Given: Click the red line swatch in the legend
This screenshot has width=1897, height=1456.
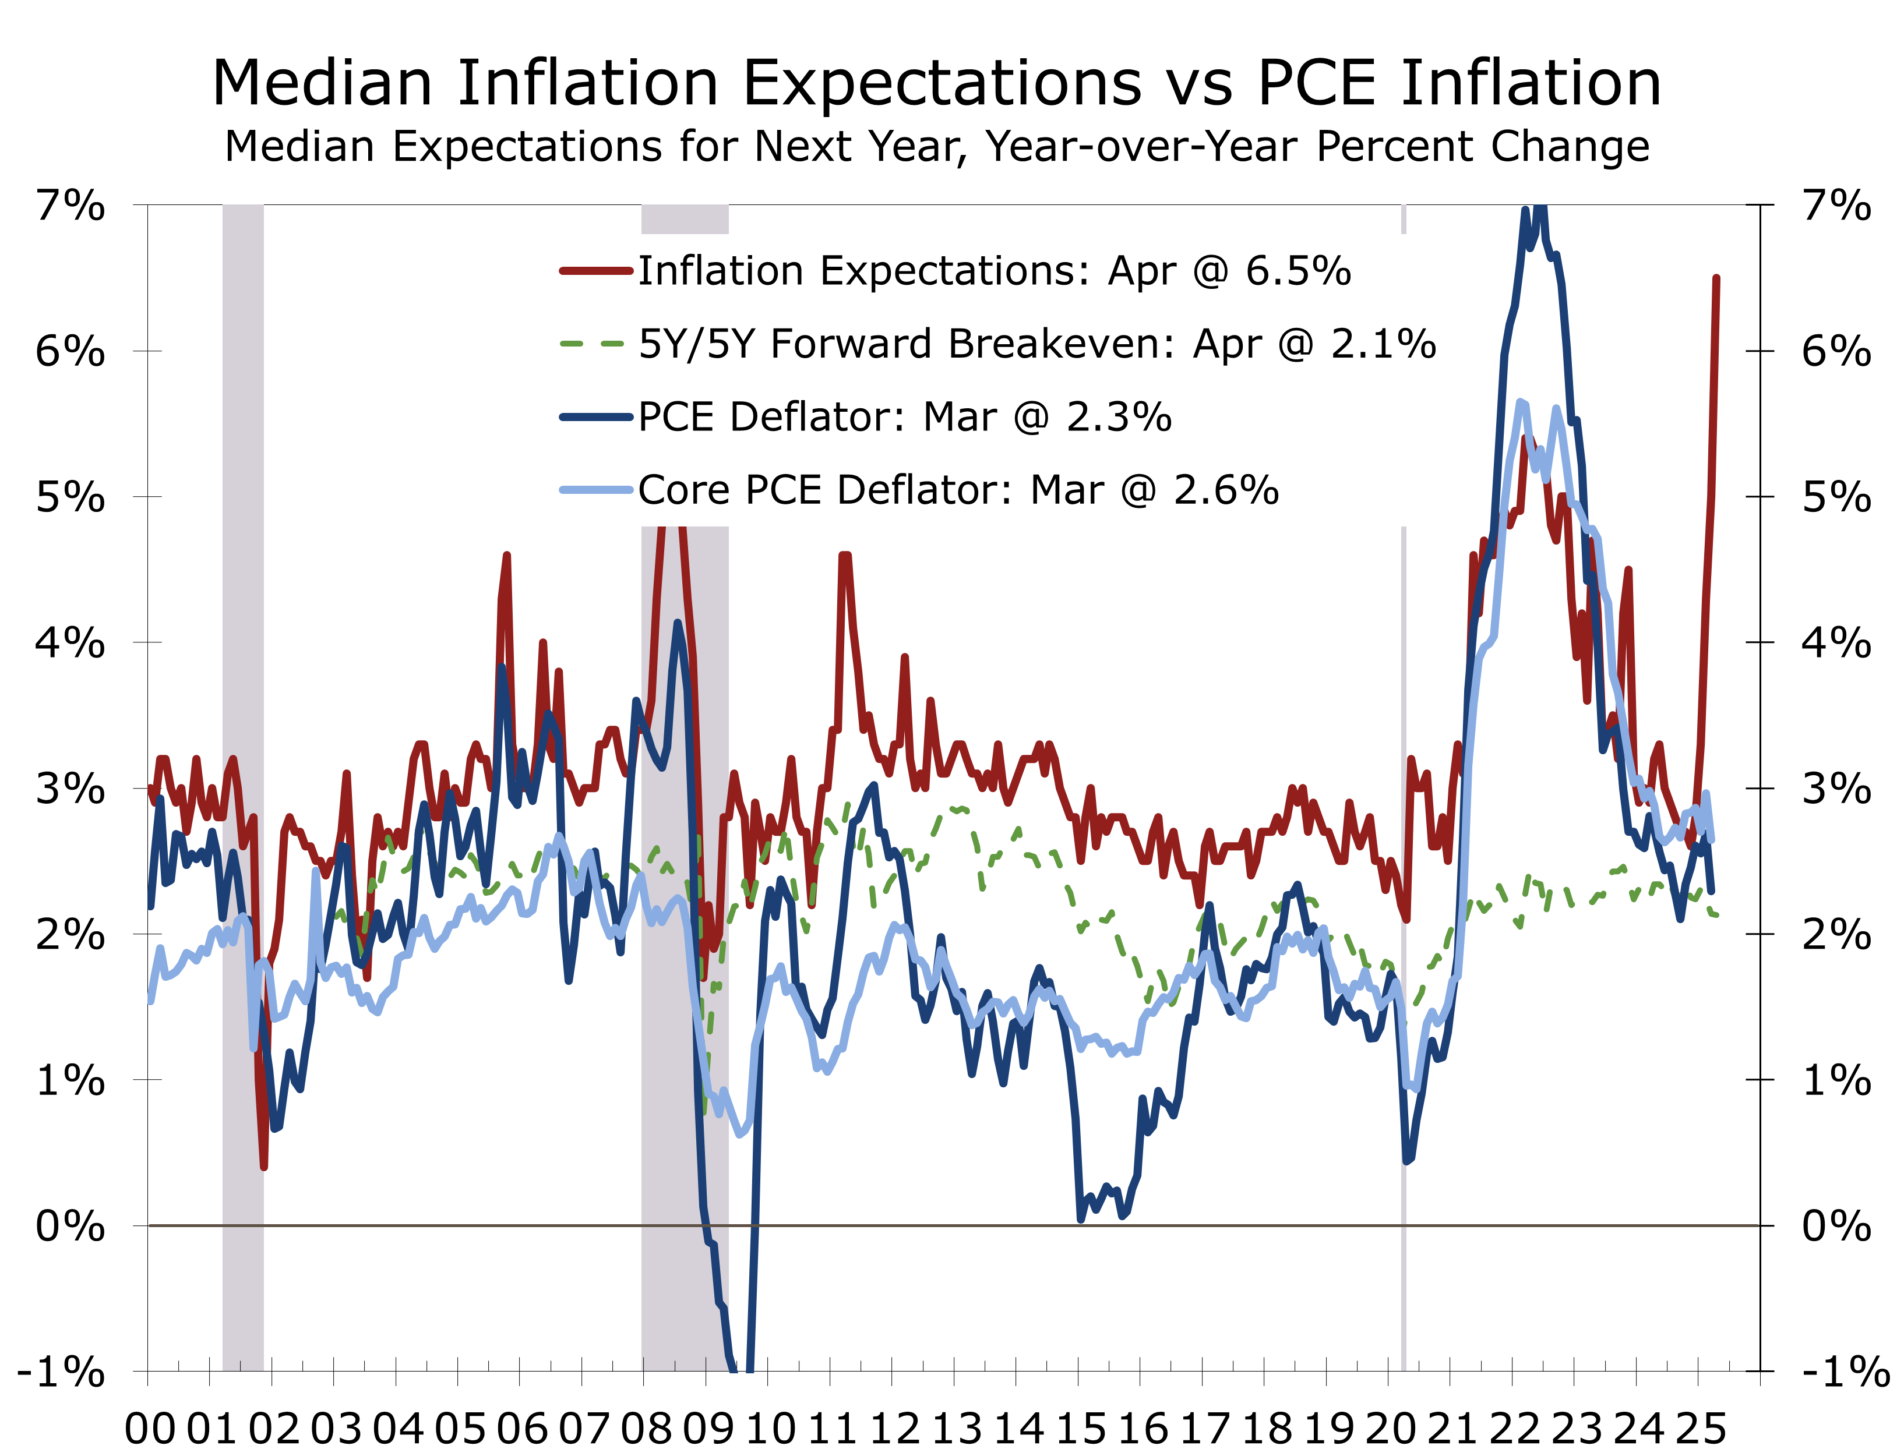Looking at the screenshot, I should click(x=595, y=271).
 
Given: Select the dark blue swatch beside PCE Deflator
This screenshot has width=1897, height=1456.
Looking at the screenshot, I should click(x=595, y=417).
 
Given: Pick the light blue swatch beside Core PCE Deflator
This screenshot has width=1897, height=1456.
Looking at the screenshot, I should click(x=595, y=490).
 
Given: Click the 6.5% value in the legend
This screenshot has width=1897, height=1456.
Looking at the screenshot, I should click(x=1298, y=271).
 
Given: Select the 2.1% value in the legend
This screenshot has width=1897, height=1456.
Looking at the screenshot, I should click(x=1383, y=344).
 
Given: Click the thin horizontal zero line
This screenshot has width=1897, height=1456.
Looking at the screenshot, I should click(x=954, y=1225).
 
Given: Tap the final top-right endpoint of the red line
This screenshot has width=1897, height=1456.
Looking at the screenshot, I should click(x=1716, y=277).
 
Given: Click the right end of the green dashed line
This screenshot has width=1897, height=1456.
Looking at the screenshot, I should click(x=1716, y=915).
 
